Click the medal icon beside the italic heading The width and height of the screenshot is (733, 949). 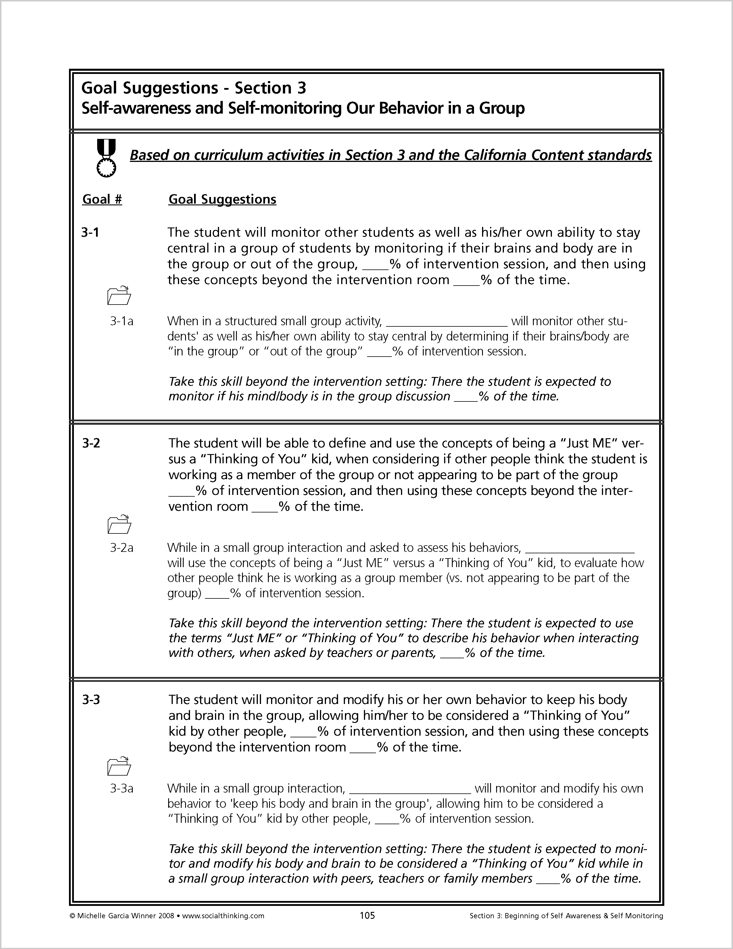[x=106, y=157]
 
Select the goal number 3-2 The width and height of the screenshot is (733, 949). [x=91, y=443]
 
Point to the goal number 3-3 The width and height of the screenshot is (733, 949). [x=91, y=700]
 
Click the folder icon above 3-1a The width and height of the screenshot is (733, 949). [x=118, y=295]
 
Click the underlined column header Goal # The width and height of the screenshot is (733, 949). [x=102, y=200]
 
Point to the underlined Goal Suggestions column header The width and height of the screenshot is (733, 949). [x=222, y=200]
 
